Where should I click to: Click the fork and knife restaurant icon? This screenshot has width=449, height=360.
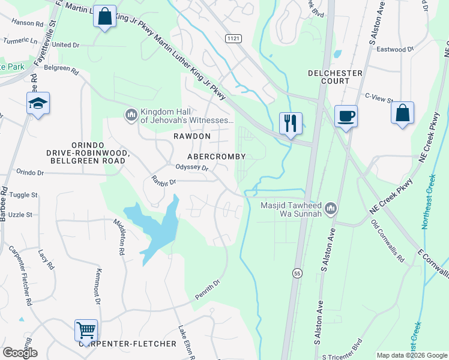(x=291, y=124)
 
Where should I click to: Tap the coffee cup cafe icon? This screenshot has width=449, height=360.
(x=346, y=116)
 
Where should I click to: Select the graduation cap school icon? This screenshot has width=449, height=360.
(x=38, y=104)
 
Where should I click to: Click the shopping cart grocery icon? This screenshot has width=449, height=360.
(x=86, y=331)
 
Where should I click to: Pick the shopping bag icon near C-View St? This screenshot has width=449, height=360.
(x=402, y=113)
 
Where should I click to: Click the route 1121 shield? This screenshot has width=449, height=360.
(x=234, y=38)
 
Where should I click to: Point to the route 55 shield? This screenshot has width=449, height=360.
(x=297, y=273)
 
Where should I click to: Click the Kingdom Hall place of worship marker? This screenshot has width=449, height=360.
(x=131, y=114)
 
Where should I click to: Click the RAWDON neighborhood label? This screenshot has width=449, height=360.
(x=192, y=136)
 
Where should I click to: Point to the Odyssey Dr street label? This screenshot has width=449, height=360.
(x=191, y=169)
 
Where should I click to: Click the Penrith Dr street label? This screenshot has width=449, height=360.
(x=208, y=290)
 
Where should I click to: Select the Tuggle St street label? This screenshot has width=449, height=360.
(x=23, y=195)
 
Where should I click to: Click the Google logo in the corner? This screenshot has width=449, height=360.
(x=20, y=353)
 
